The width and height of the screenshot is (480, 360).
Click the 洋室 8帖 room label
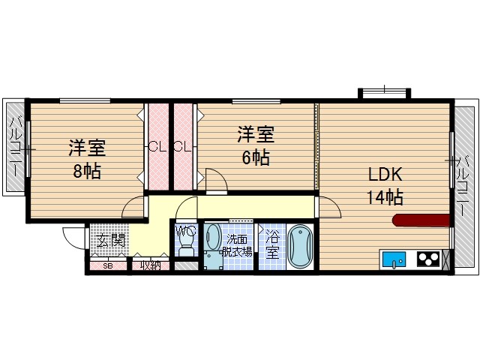pos(85,157)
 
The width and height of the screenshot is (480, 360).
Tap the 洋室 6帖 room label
pos(256,145)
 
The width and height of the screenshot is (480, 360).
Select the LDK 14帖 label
pos(385,186)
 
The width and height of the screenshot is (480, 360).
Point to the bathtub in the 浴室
pos(300,246)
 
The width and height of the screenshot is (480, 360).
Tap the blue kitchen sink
pos(394,260)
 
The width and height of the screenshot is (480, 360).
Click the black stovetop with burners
pos(427,260)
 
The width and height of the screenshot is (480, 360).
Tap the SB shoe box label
pos(107,265)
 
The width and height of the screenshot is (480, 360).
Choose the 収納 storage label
pos(151,265)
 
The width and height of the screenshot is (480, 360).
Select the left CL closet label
pos(157,146)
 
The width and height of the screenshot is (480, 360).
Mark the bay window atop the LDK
pos(385,92)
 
